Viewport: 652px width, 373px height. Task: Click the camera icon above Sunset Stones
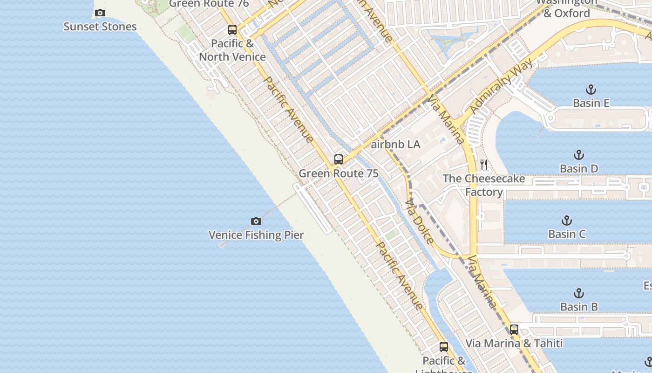click(x=100, y=13)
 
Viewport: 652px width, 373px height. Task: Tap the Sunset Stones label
click(x=100, y=27)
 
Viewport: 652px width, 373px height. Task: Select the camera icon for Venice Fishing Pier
click(x=256, y=221)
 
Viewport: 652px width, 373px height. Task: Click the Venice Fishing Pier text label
click(x=256, y=235)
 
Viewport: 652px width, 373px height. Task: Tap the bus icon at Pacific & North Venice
click(x=232, y=30)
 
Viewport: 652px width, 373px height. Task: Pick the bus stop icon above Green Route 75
click(x=339, y=159)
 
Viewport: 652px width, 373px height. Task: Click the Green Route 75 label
click(x=338, y=173)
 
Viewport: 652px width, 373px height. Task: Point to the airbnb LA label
click(x=395, y=145)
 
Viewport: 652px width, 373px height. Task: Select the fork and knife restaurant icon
click(x=484, y=165)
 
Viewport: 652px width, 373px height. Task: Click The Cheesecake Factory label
click(x=484, y=185)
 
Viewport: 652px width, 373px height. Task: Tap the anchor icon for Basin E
click(x=591, y=90)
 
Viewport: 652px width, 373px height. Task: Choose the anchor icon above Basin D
click(x=578, y=155)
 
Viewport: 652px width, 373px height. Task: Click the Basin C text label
click(x=567, y=234)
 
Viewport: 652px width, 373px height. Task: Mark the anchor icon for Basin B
click(x=578, y=293)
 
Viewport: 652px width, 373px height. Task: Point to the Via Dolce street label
click(x=420, y=222)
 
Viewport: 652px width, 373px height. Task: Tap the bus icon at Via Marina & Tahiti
click(x=514, y=330)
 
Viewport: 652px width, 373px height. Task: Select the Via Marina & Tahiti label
click(x=514, y=344)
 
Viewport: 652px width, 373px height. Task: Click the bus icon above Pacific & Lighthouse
click(x=444, y=347)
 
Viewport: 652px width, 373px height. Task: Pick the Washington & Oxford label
click(x=566, y=8)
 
